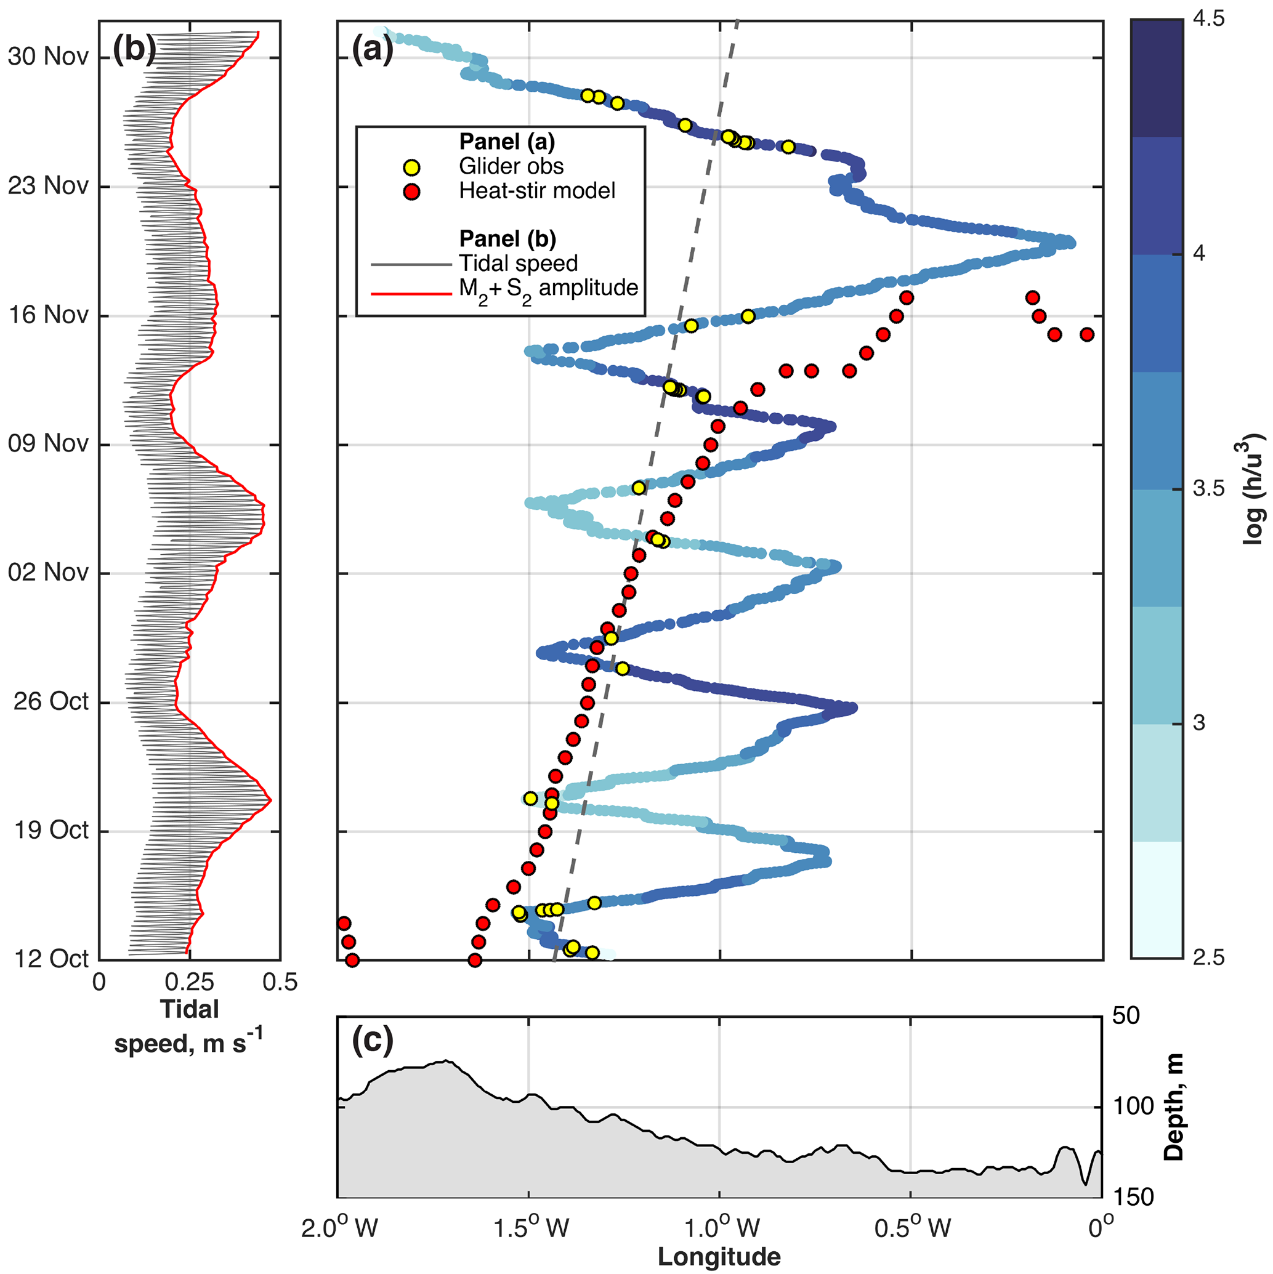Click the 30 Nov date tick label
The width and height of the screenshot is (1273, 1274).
click(48, 57)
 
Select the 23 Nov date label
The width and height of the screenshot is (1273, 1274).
click(48, 186)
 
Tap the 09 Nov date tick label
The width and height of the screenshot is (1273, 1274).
click(48, 444)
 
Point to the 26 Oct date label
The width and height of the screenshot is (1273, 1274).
click(51, 701)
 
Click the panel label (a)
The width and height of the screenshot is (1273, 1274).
click(373, 48)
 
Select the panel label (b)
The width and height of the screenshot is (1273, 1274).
click(134, 48)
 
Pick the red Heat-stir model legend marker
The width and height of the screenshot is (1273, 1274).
click(412, 192)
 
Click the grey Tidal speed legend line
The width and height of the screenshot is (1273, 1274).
click(411, 264)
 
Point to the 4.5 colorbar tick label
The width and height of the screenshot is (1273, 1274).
click(1208, 19)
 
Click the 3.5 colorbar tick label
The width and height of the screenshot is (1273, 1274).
click(1208, 489)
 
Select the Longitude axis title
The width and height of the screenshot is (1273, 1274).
click(719, 1257)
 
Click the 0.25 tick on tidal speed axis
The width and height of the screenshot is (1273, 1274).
click(190, 983)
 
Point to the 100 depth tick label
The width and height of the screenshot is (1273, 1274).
click(1133, 1106)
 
